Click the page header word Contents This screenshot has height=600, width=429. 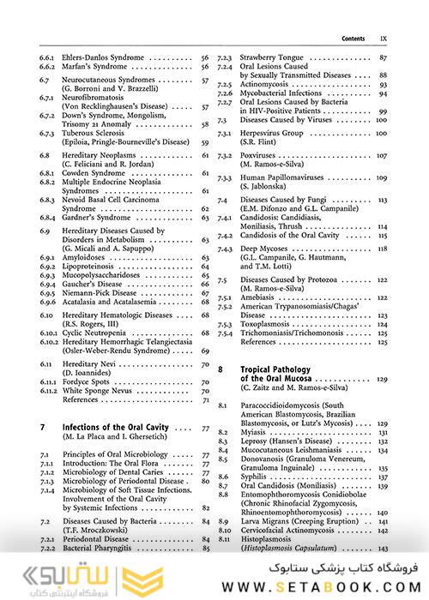pyautogui.click(x=353, y=39)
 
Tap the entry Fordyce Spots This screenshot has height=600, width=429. pyautogui.click(x=87, y=380)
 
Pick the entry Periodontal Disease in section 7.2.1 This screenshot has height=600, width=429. pyautogui.click(x=98, y=537)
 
